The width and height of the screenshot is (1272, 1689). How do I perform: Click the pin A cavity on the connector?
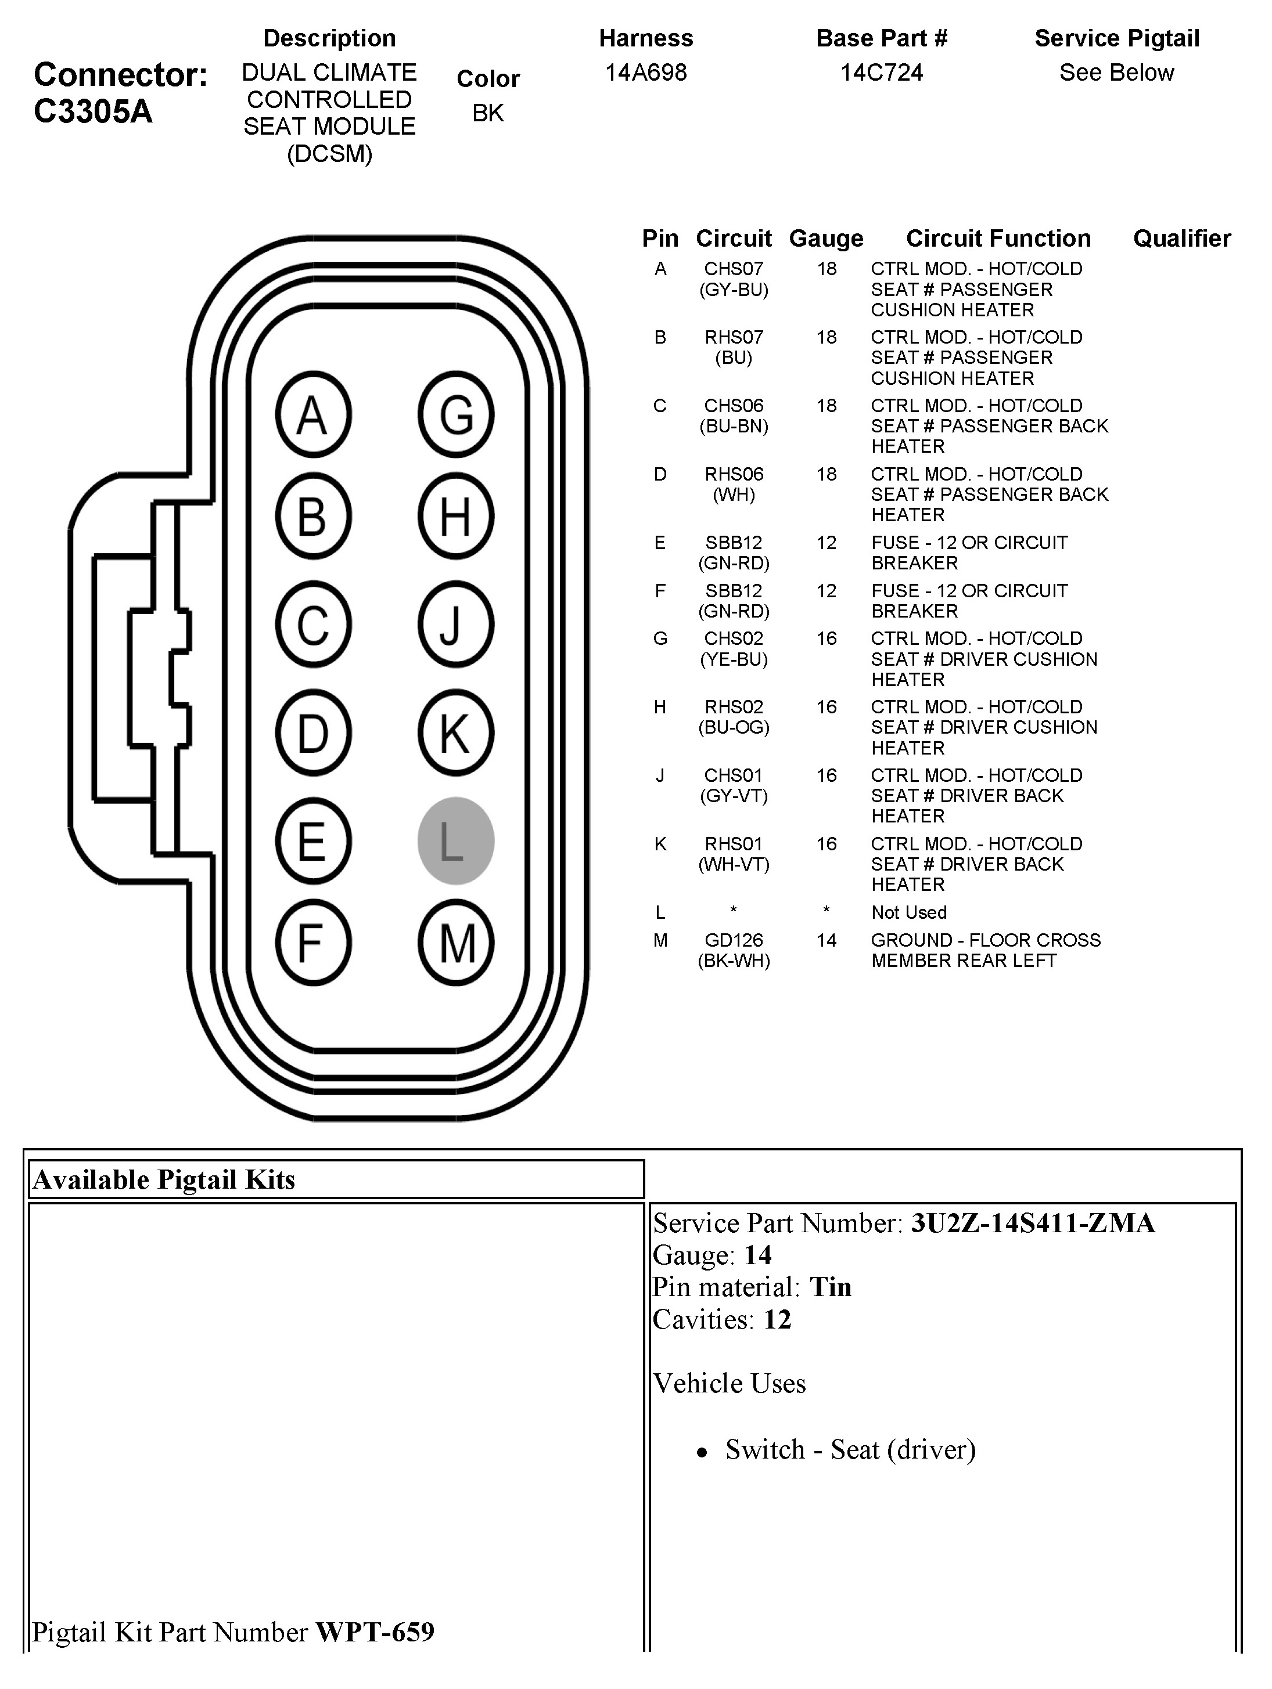312,414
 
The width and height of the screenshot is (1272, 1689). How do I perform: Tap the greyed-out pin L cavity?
455,840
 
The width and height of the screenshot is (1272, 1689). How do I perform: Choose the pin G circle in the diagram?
456,414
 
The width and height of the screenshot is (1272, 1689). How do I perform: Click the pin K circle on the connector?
456,733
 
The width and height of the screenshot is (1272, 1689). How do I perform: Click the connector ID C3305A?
93,111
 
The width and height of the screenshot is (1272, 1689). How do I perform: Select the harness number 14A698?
645,73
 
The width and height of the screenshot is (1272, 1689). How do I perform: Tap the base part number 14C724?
882,73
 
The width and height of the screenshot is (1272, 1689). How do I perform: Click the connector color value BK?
487,113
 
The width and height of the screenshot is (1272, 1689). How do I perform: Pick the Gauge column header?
826,238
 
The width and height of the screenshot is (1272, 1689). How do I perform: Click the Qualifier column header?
1182,238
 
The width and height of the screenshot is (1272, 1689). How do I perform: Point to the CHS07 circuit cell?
734,269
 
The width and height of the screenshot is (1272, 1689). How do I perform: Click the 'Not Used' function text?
908,912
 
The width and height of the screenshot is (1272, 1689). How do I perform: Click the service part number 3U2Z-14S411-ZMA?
1032,1224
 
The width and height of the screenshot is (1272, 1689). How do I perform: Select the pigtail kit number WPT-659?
375,1632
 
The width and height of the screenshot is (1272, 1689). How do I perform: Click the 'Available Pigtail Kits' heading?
163,1181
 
